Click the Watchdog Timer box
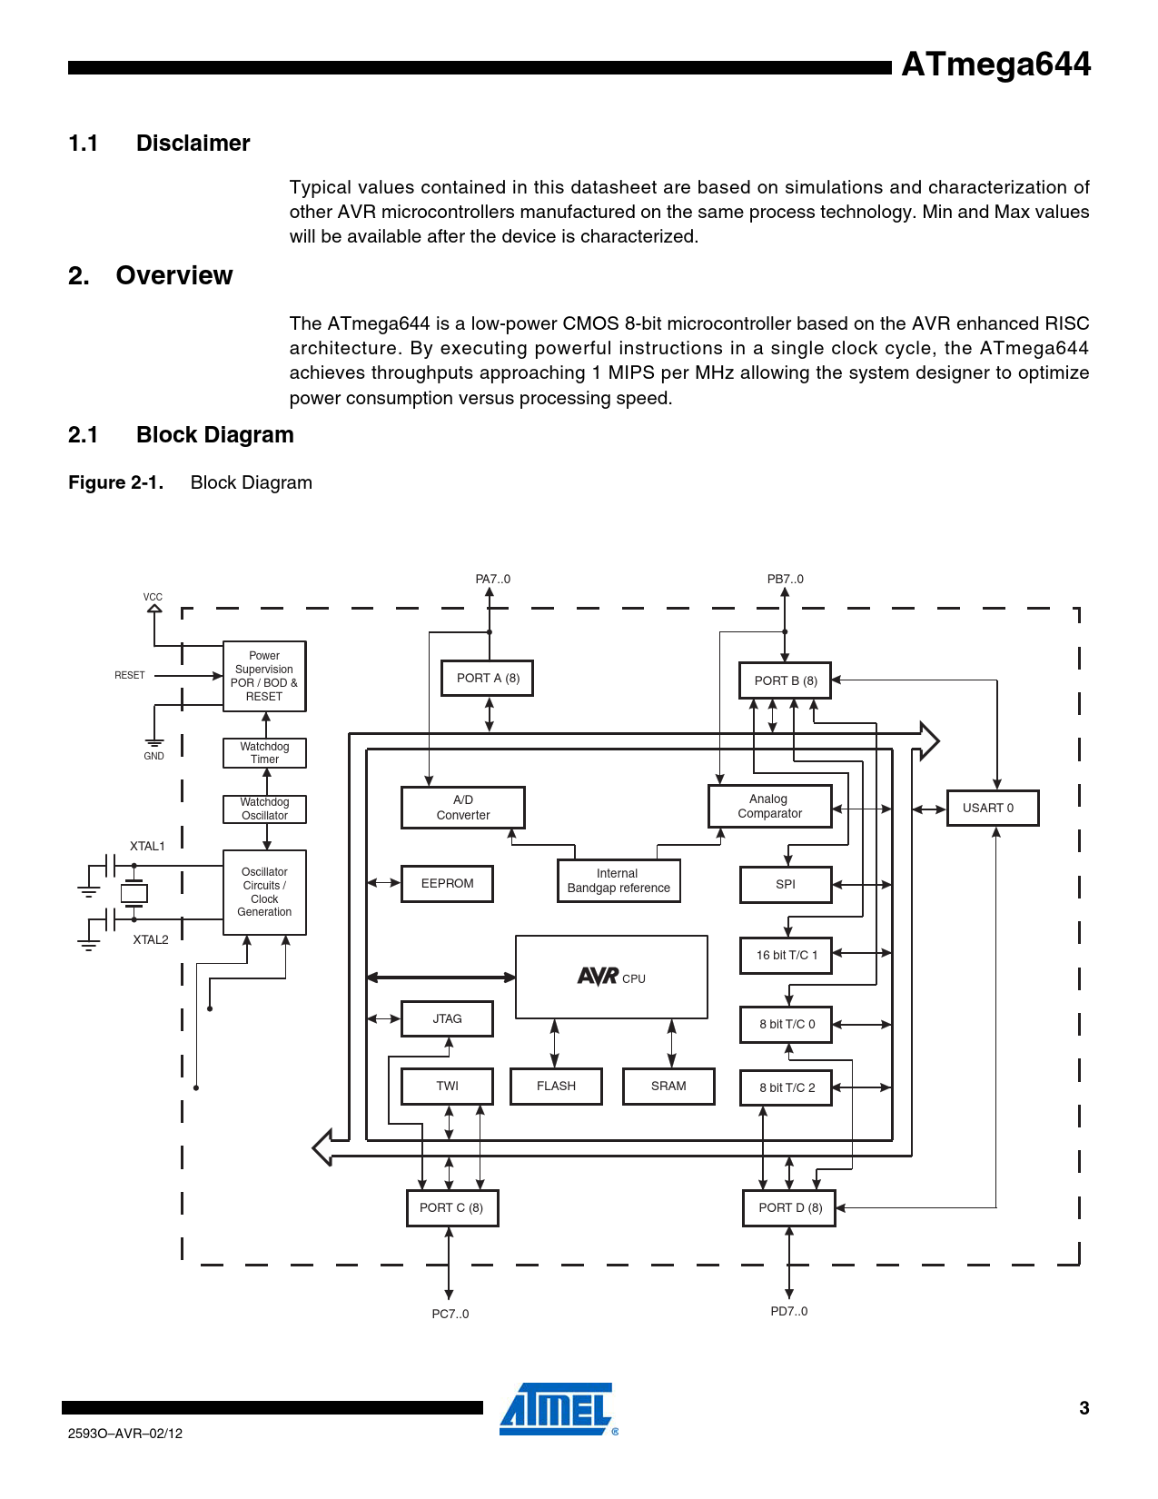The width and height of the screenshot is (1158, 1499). (x=264, y=753)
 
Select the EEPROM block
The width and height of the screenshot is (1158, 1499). (x=447, y=884)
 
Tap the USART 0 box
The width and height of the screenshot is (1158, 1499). (x=992, y=808)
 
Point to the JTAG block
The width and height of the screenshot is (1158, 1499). (x=447, y=1019)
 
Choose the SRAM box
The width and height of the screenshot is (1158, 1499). (x=668, y=1087)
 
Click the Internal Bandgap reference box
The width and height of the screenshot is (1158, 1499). (x=619, y=881)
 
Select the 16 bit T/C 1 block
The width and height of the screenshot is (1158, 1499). (x=786, y=956)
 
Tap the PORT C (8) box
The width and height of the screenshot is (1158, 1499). (x=451, y=1208)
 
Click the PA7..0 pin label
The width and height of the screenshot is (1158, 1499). (x=492, y=580)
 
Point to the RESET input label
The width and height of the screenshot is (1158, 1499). (x=130, y=676)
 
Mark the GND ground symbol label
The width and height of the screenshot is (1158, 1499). (x=154, y=756)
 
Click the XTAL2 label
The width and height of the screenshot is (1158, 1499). (x=151, y=939)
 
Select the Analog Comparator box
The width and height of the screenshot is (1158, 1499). (x=769, y=807)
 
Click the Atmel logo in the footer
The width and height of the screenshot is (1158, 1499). (x=558, y=1409)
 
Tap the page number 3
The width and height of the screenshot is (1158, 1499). (x=1084, y=1409)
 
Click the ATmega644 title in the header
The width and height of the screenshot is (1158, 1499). (x=995, y=65)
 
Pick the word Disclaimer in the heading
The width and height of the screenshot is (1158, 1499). (x=193, y=144)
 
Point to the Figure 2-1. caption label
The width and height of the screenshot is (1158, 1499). (x=116, y=483)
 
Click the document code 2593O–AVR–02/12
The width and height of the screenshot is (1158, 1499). (x=125, y=1434)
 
